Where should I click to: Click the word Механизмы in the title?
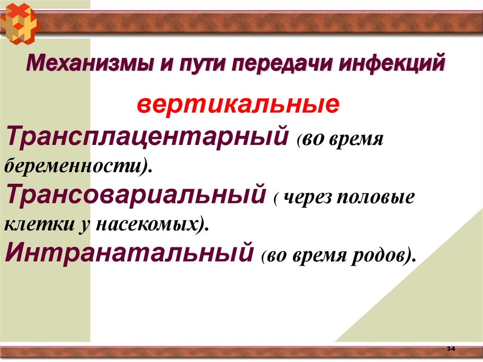[84, 63]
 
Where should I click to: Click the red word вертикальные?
[238, 104]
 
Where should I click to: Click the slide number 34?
[450, 349]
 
